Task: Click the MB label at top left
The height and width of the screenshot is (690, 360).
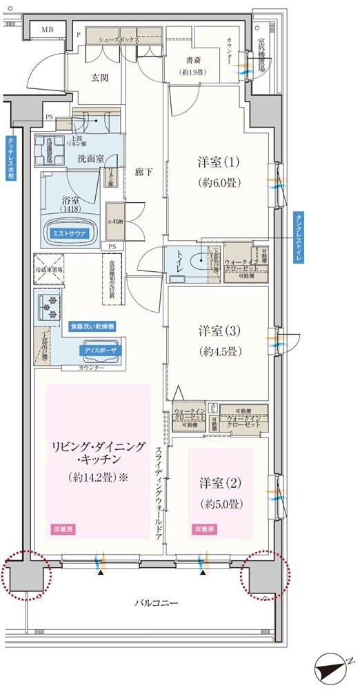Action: tap(48, 29)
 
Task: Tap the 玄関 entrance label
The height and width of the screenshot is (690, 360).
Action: tap(101, 77)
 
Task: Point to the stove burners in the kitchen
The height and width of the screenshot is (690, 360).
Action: tap(50, 306)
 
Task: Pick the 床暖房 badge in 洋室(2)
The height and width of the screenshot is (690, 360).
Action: tap(201, 529)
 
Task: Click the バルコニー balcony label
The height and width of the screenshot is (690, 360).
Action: tap(156, 603)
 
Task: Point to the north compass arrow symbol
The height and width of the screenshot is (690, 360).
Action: tap(334, 667)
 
